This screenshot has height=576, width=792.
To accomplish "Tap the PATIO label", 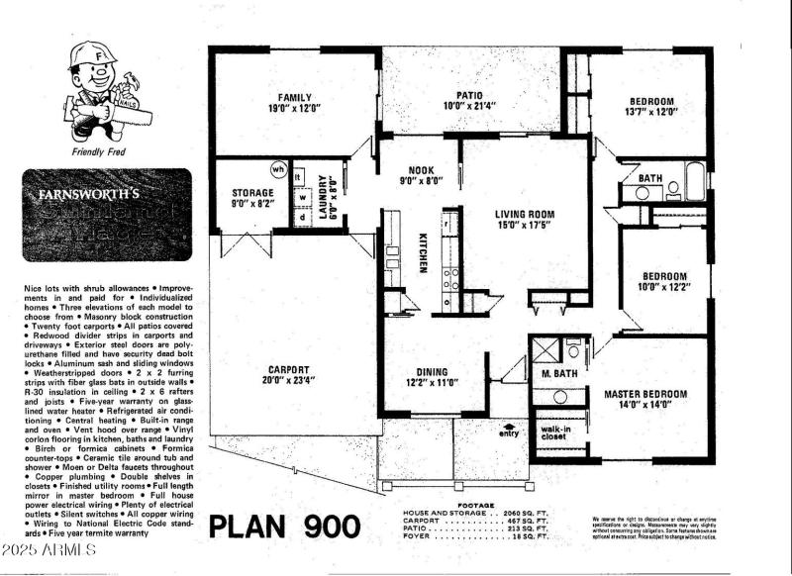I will (x=468, y=94).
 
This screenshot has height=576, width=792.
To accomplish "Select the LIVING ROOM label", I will (x=526, y=214).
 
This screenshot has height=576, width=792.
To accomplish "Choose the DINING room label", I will (x=433, y=373).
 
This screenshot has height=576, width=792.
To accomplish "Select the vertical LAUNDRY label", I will (x=326, y=195).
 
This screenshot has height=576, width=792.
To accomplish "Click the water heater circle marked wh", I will (x=278, y=169).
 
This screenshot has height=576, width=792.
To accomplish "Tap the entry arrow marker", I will (x=509, y=428).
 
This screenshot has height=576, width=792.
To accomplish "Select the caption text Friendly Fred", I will (x=95, y=152).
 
